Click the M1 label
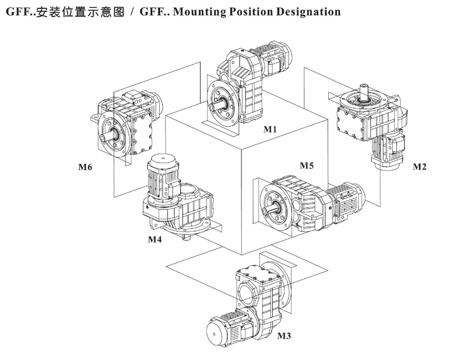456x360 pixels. click(270, 130)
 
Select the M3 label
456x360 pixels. click(284, 336)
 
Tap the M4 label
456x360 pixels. click(155, 240)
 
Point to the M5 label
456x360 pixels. click(307, 166)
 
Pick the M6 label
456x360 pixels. click(85, 168)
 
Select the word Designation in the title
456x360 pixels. click(308, 11)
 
